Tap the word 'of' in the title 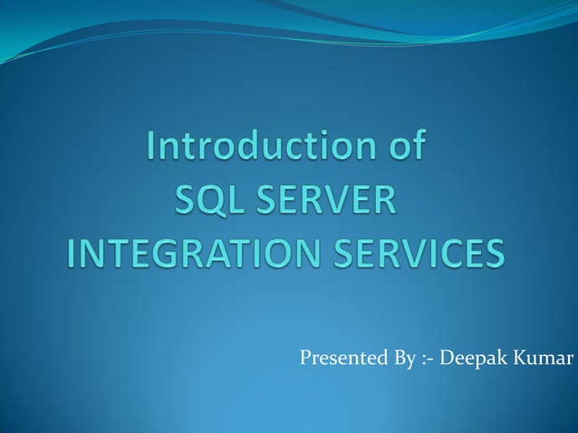tap(405, 149)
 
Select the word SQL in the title tap(206, 200)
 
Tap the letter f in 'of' tap(418, 149)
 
